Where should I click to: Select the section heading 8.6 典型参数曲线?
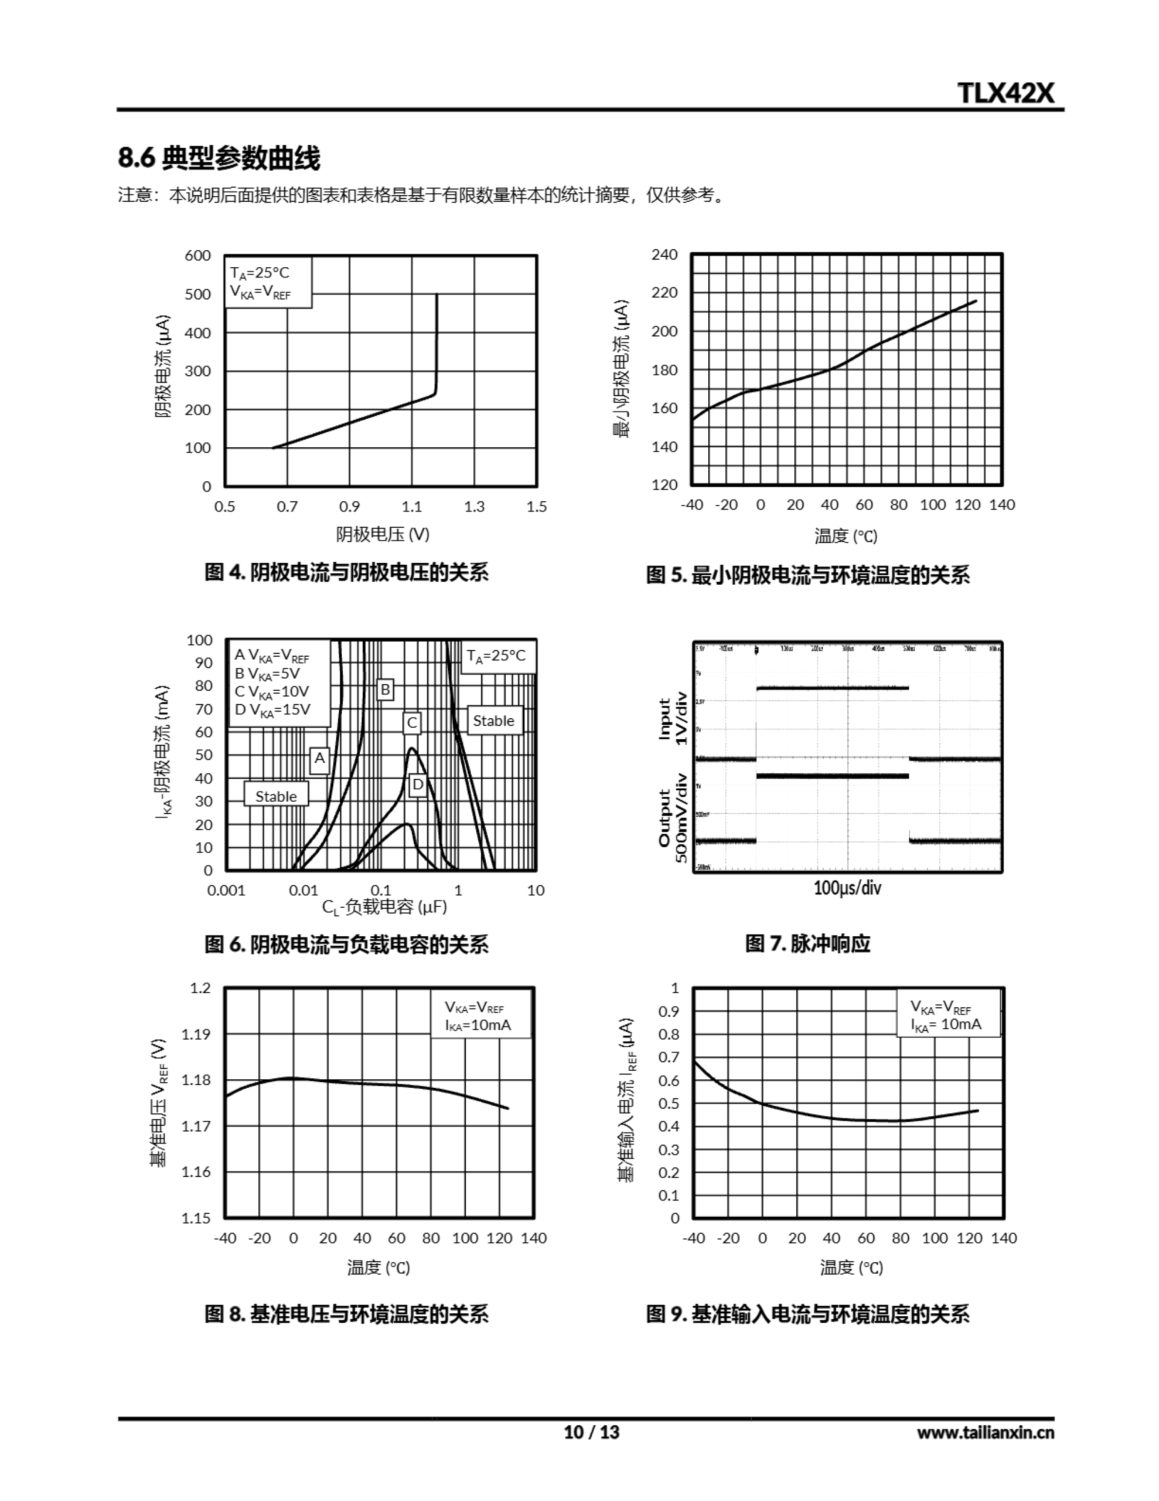click(219, 158)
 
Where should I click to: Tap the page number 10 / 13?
click(592, 1432)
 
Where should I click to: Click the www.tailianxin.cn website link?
click(984, 1432)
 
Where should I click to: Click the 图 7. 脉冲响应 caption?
click(808, 943)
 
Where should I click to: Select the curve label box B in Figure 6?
click(386, 690)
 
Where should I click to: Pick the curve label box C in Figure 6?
click(412, 722)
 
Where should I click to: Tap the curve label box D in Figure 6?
click(417, 784)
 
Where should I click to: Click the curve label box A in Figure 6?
click(319, 758)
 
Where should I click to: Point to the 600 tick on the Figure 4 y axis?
click(198, 256)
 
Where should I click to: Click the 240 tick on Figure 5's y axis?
click(664, 255)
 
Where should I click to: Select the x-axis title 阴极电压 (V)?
click(383, 534)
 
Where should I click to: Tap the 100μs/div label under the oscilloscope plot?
click(847, 888)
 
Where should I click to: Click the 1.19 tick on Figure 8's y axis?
click(196, 1034)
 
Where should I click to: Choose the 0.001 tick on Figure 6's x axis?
click(226, 891)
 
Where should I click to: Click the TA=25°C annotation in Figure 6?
click(496, 656)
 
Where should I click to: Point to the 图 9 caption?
click(808, 1314)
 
